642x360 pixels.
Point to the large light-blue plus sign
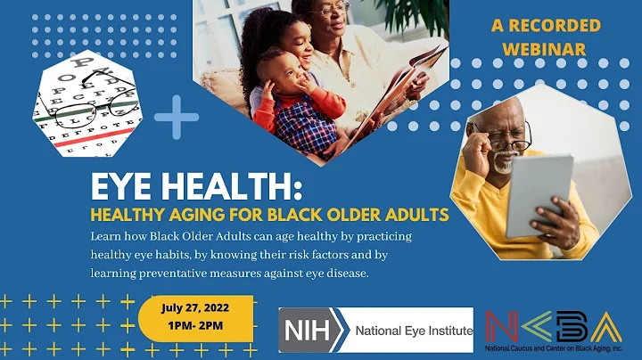(x=177, y=116)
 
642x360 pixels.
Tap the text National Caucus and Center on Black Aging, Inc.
(x=556, y=348)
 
